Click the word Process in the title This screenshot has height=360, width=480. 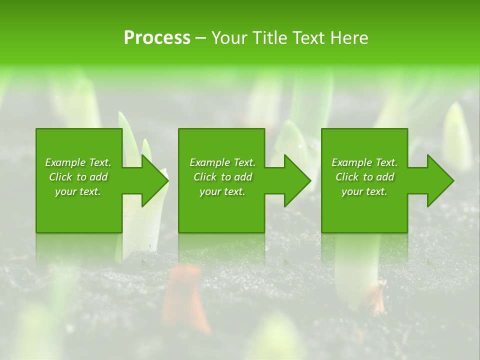(157, 38)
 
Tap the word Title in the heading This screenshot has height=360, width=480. (268, 38)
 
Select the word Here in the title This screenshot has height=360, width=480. (349, 38)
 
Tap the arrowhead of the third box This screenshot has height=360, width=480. (439, 180)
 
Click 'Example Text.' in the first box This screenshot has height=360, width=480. (78, 162)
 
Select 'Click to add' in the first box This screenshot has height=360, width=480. (78, 177)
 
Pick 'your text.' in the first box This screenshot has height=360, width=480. (78, 191)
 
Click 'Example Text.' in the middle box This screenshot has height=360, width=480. (222, 162)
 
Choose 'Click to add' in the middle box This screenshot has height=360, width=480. (223, 177)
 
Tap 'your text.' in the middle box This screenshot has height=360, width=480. (222, 191)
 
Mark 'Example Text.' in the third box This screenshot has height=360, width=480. (364, 162)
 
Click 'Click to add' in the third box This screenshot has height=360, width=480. (365, 177)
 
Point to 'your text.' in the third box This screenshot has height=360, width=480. (364, 191)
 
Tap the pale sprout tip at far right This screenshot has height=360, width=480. (456, 135)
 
